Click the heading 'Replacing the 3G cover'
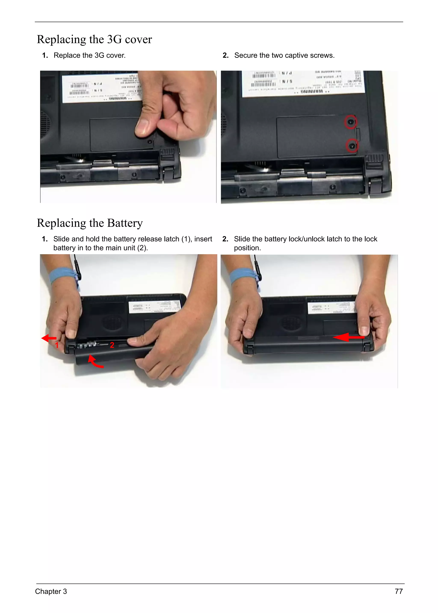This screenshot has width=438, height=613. click(94, 39)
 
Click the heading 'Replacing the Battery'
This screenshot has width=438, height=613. click(90, 223)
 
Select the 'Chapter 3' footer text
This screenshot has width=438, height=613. click(51, 591)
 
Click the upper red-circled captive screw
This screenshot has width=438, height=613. click(350, 122)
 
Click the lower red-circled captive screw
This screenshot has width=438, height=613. click(352, 146)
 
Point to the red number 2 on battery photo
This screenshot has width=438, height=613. click(112, 345)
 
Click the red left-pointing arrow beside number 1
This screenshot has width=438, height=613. click(49, 338)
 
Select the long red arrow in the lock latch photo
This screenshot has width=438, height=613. click(348, 337)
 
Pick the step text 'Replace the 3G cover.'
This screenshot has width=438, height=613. click(90, 56)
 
